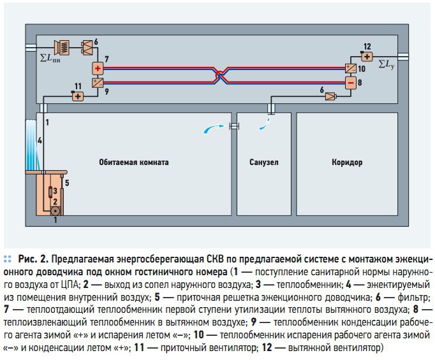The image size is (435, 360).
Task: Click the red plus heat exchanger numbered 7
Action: (98, 68)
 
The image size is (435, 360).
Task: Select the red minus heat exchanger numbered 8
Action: (350, 82)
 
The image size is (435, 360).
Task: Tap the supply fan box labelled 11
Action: (77, 96)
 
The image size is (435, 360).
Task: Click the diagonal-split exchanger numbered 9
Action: (98, 83)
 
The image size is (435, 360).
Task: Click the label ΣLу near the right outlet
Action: (387, 64)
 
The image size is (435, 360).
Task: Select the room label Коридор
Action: (346, 162)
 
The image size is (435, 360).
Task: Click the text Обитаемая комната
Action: (134, 162)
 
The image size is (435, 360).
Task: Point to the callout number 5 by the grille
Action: (66, 182)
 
